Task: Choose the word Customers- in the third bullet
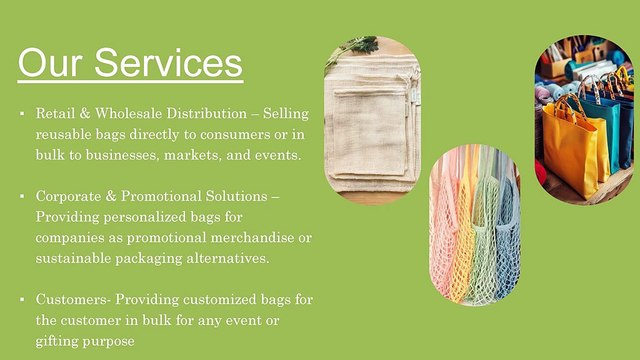pos(73,299)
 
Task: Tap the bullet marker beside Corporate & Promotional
pos(21,195)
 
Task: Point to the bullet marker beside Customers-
pos(21,299)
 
